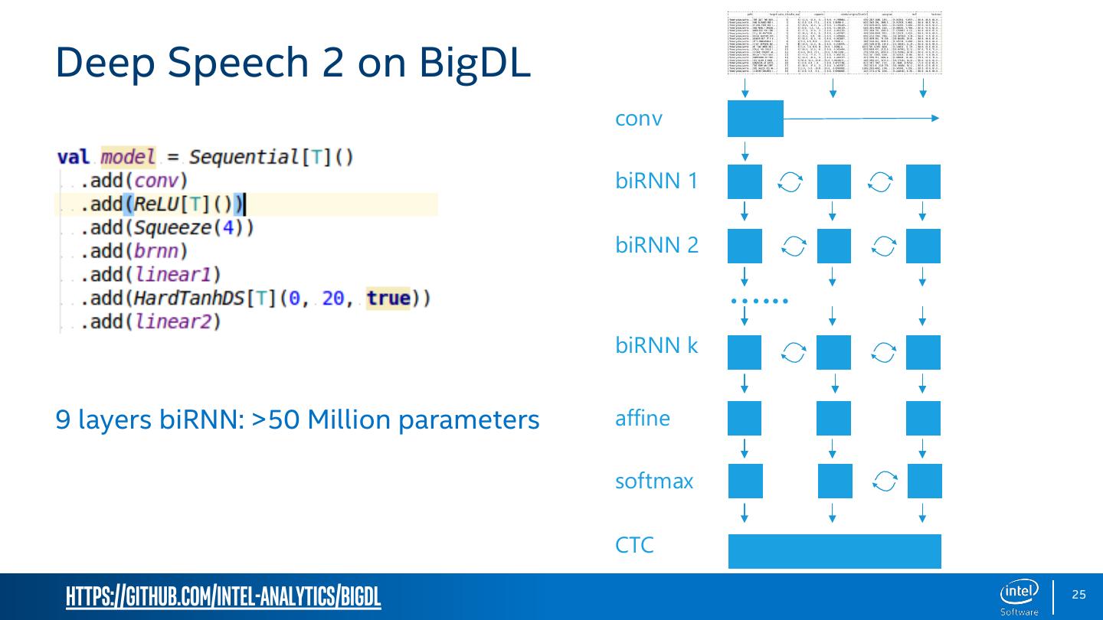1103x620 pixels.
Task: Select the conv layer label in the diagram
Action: point(638,119)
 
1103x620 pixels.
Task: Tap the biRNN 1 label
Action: point(656,181)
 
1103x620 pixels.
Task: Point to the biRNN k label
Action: point(656,345)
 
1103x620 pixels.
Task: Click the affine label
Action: point(642,418)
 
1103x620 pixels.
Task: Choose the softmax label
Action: point(653,481)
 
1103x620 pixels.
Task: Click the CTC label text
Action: point(634,545)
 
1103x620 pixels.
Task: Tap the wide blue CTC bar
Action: point(834,551)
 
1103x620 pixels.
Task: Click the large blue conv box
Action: point(755,119)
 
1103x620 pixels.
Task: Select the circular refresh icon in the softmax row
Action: point(884,481)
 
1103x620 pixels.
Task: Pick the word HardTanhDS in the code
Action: point(190,298)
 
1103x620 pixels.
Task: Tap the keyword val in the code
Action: point(74,158)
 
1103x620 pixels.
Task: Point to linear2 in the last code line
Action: point(178,321)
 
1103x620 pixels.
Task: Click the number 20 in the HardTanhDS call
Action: point(333,298)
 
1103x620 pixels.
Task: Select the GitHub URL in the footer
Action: point(223,596)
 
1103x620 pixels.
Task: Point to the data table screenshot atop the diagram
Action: point(834,43)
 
